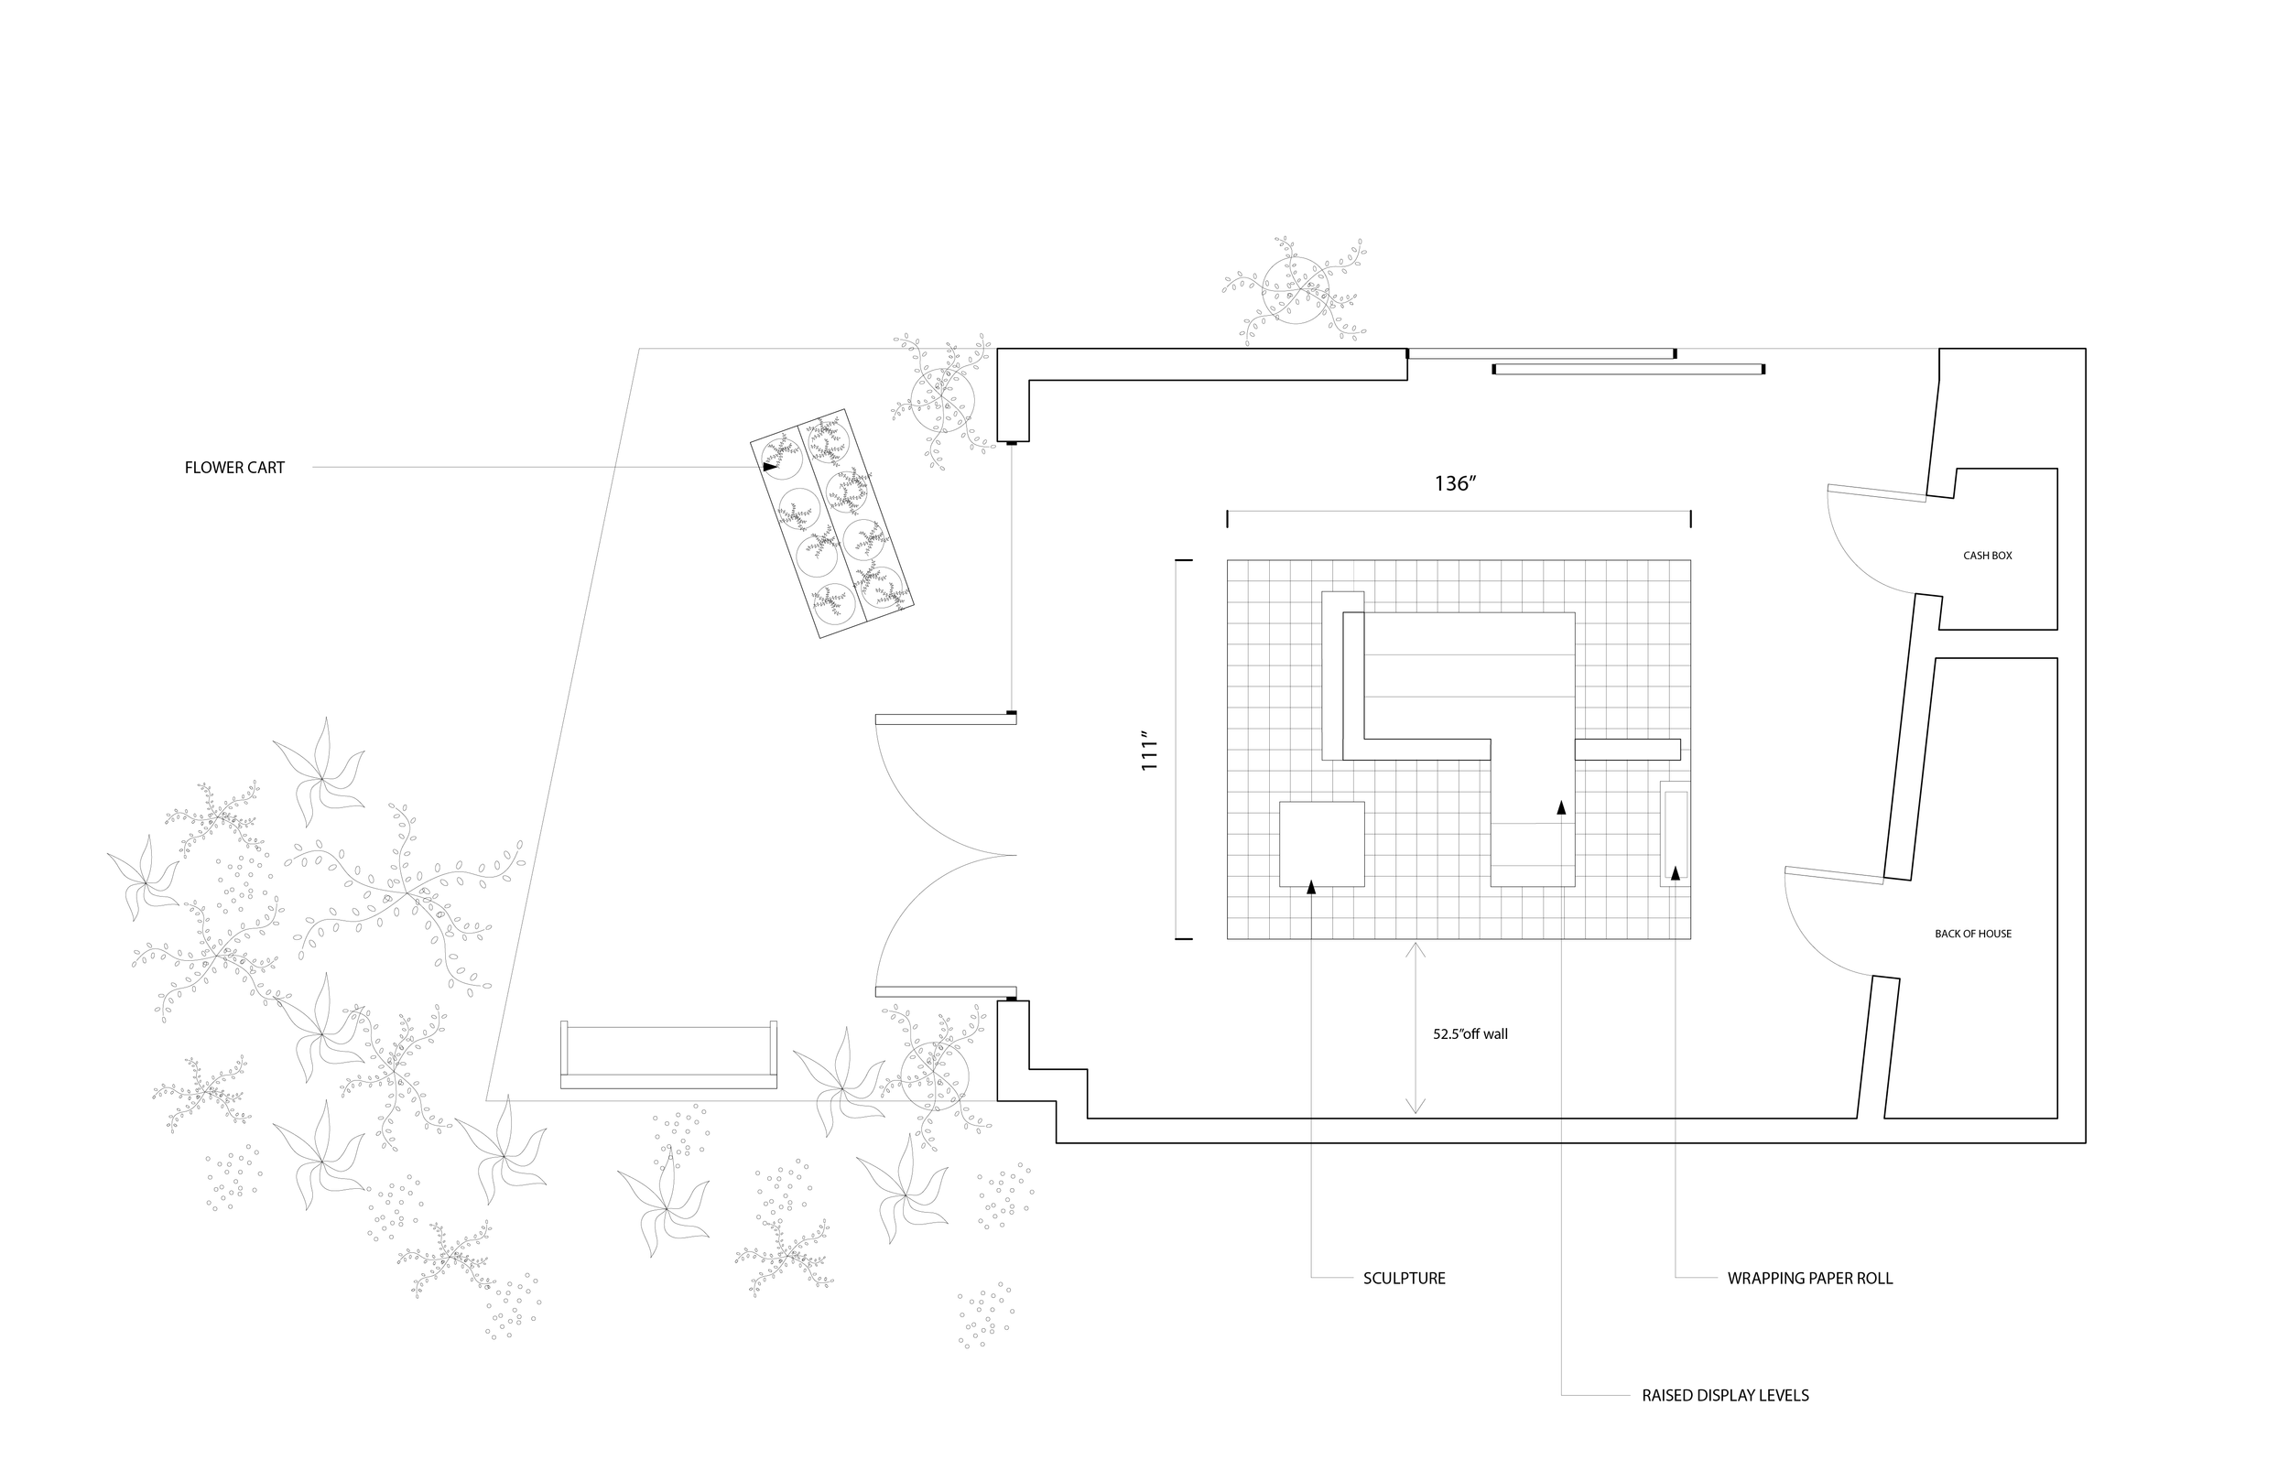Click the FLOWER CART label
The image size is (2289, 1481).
234,469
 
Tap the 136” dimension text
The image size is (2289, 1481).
1455,483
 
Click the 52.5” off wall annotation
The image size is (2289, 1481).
1470,1034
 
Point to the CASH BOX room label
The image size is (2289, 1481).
1987,556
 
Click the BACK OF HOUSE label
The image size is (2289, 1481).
1972,934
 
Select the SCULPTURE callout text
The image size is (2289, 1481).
1405,1279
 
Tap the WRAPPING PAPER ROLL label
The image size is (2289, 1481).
1809,1279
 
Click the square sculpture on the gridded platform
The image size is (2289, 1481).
1321,843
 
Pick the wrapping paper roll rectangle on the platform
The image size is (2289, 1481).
1675,834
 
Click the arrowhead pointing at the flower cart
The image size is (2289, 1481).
769,467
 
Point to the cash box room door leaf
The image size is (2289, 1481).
1876,493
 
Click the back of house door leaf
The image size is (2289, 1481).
1833,875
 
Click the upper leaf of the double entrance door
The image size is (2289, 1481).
946,719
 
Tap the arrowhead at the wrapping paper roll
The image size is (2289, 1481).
1676,873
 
